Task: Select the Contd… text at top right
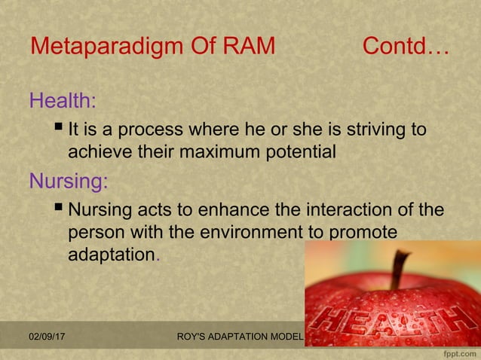(406, 47)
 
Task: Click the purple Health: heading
(63, 100)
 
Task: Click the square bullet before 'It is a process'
(60, 129)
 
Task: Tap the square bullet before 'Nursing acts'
(60, 209)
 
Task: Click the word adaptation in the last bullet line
(111, 255)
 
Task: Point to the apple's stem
(399, 269)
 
